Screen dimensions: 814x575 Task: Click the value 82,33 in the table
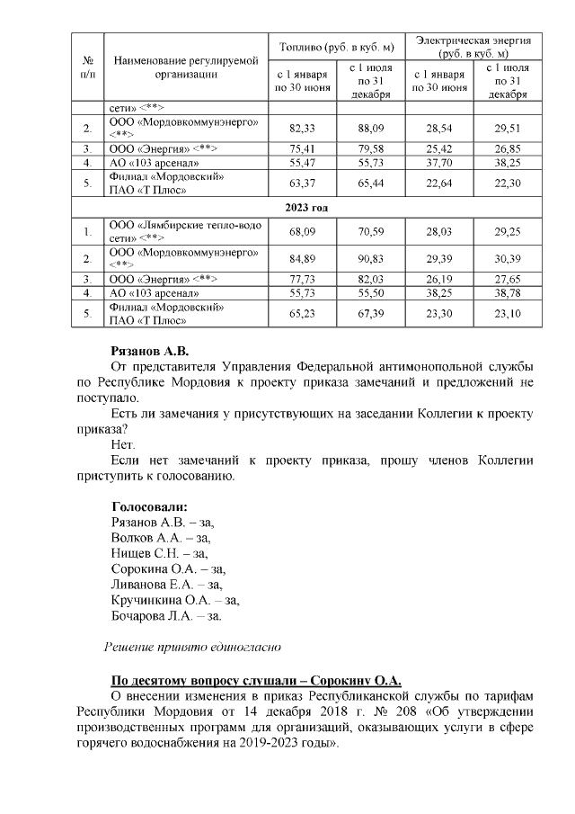point(304,128)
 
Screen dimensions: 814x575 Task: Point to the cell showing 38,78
point(507,293)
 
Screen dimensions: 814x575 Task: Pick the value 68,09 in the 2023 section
point(304,232)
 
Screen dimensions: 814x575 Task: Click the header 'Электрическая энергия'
point(473,40)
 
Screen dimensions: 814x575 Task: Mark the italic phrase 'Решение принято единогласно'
point(193,646)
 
